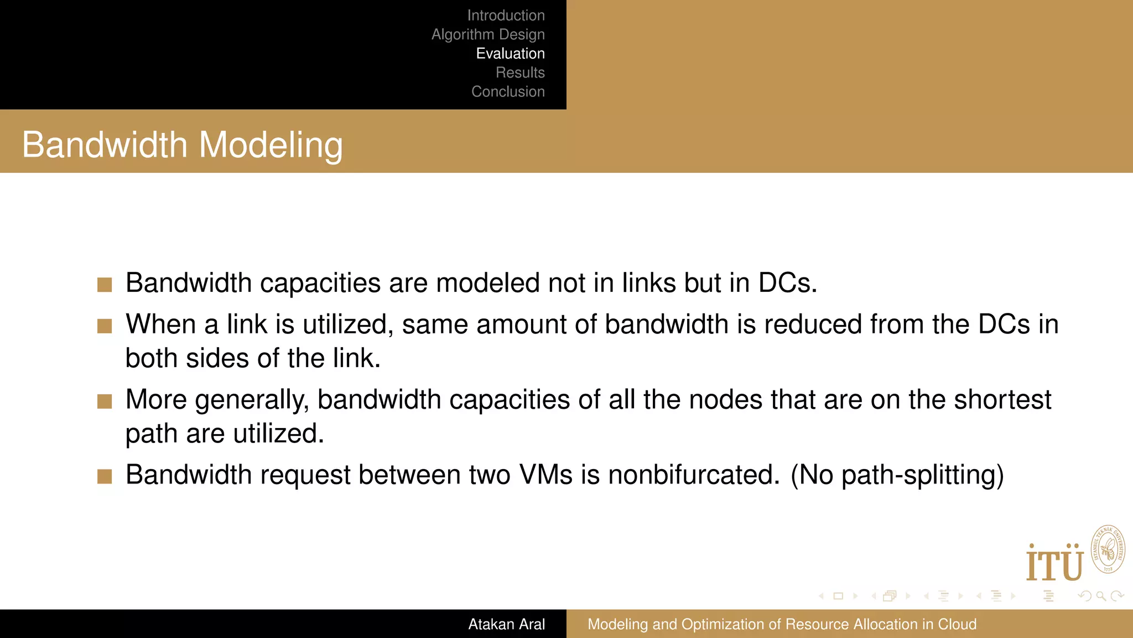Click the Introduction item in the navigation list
[x=506, y=16]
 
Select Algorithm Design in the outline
[x=488, y=34]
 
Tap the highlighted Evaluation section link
[x=510, y=54]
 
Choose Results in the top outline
[x=520, y=73]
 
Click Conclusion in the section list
[x=508, y=91]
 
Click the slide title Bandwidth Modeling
[x=183, y=145]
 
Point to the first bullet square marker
[x=105, y=285]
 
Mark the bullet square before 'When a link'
[x=105, y=326]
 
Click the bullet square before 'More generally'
[x=105, y=402]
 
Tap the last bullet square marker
[x=105, y=476]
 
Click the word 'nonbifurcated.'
[x=694, y=475]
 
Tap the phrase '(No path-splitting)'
[x=897, y=475]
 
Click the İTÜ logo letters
[x=1054, y=563]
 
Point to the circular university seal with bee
[x=1108, y=549]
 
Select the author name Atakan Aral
[x=506, y=624]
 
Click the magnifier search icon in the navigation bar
[x=1101, y=596]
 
